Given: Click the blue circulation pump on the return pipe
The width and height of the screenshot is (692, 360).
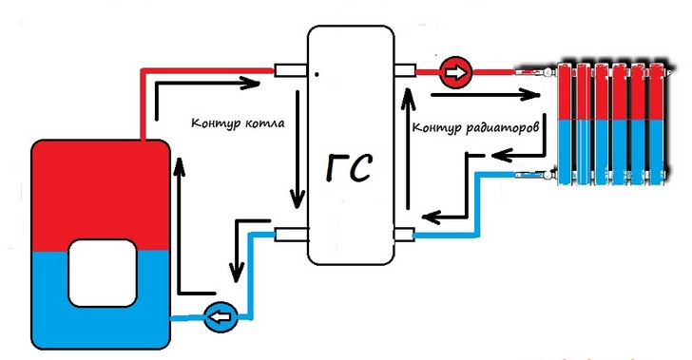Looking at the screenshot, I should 218,316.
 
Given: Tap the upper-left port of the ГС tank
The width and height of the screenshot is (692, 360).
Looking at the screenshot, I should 288,70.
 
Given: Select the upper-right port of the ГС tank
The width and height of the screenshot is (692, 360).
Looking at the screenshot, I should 405,70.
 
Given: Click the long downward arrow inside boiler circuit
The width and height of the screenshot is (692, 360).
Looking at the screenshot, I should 298,152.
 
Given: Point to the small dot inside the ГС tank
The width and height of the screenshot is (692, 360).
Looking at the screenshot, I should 317,73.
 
